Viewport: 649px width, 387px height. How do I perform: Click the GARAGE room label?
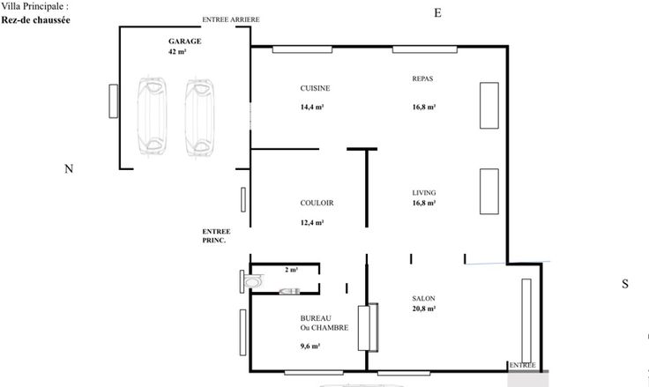(184, 41)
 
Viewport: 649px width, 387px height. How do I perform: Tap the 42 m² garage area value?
(177, 52)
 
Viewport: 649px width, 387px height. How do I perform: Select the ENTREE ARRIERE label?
(231, 19)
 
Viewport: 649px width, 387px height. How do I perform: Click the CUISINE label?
(315, 88)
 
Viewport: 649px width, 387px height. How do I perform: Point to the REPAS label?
(422, 78)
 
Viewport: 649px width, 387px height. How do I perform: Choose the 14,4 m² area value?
(312, 107)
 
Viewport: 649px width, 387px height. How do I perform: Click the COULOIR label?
(317, 203)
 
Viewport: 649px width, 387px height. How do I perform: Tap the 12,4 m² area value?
(312, 223)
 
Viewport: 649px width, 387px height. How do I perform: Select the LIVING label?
(424, 193)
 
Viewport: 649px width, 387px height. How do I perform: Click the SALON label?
(423, 299)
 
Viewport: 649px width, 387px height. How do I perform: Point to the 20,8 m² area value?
(424, 309)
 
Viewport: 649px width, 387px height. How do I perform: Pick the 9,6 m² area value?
(310, 346)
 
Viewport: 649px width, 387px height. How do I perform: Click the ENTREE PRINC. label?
(216, 236)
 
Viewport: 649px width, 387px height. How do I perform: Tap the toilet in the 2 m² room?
(252, 282)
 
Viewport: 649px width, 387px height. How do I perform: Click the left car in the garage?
(153, 115)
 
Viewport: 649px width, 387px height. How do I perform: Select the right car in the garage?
(200, 117)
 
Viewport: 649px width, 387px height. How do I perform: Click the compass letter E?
(437, 13)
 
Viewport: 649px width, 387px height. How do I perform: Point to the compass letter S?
(625, 284)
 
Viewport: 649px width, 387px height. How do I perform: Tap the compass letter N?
(69, 169)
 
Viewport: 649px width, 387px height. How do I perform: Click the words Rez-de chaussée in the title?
(35, 20)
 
